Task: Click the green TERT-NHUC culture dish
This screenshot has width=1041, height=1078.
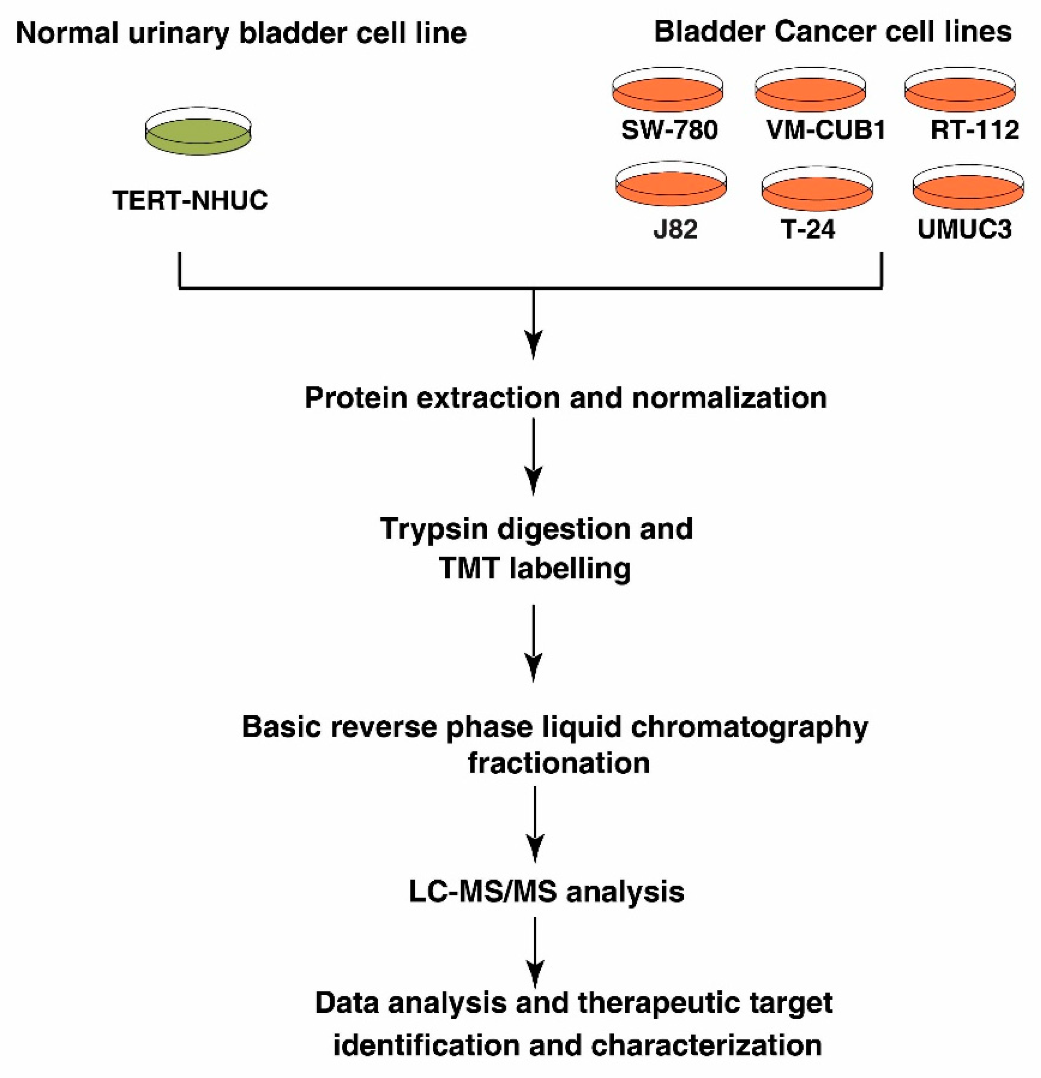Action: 198,132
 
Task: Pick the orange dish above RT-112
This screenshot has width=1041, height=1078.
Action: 960,91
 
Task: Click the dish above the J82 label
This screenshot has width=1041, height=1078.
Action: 671,185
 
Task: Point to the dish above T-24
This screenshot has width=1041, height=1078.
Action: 817,190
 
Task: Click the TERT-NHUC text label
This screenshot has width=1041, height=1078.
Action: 190,200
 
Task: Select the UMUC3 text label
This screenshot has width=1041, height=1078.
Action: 964,229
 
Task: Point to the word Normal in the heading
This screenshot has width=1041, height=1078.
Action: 67,33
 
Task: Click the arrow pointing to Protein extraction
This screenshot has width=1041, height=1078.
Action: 534,324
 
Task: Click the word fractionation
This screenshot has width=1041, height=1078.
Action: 558,763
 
